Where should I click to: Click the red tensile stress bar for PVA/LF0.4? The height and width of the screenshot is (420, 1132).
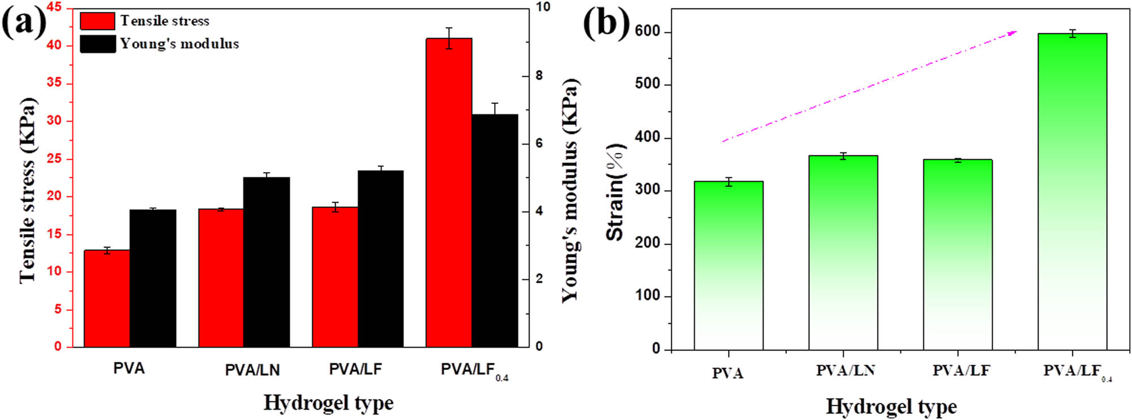pyautogui.click(x=448, y=192)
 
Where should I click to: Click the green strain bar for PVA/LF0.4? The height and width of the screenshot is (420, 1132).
pyautogui.click(x=1072, y=192)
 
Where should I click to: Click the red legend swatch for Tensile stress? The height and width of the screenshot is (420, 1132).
pyautogui.click(x=97, y=21)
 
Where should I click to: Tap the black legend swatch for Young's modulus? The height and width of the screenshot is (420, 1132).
pyautogui.click(x=97, y=44)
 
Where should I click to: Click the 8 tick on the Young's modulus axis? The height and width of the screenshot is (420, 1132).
pyautogui.click(x=539, y=76)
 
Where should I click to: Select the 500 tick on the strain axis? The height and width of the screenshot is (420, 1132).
pyautogui.click(x=648, y=84)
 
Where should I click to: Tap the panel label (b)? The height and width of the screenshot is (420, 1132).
pyautogui.click(x=606, y=24)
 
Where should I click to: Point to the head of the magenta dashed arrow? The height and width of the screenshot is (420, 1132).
pyautogui.click(x=1014, y=32)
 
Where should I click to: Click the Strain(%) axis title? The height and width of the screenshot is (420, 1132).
pyautogui.click(x=615, y=192)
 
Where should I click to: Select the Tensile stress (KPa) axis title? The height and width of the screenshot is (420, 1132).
pyautogui.click(x=27, y=189)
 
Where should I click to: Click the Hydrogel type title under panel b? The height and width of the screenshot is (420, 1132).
pyautogui.click(x=891, y=406)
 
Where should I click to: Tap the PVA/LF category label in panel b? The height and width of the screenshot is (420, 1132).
pyautogui.click(x=961, y=371)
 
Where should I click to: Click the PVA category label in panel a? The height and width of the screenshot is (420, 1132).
pyautogui.click(x=129, y=369)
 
